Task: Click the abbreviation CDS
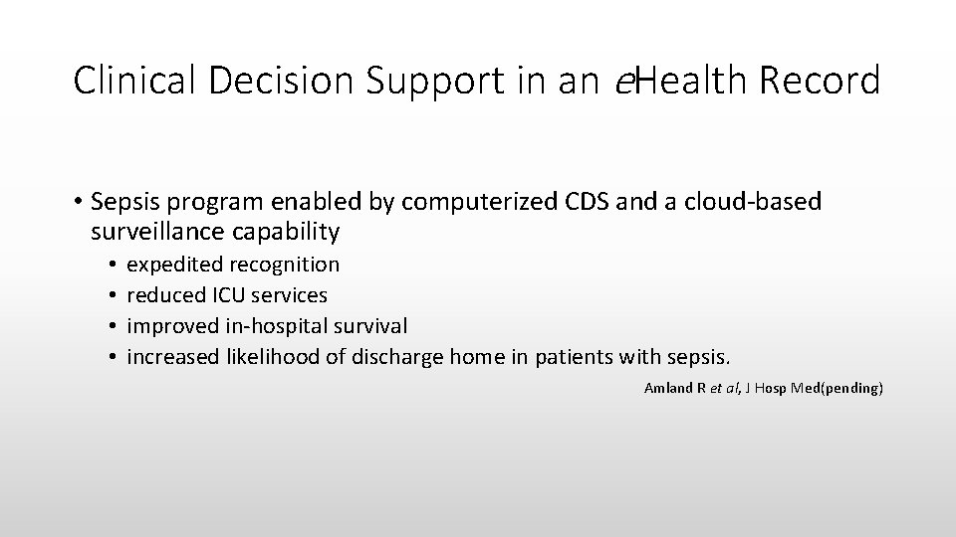[588, 202]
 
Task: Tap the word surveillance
[155, 232]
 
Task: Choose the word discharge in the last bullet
[399, 357]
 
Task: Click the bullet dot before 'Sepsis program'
[78, 202]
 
